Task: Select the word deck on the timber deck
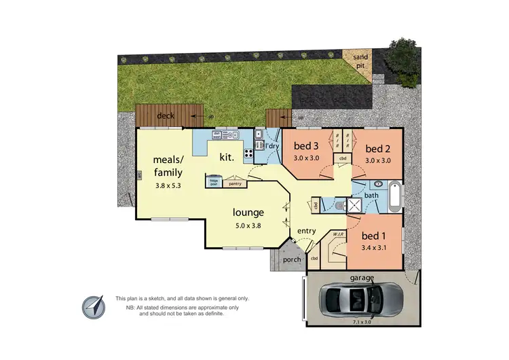pyautogui.click(x=166, y=116)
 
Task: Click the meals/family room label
pyautogui.click(x=168, y=166)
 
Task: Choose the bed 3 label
pyautogui.click(x=305, y=146)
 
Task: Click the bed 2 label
pyautogui.click(x=377, y=149)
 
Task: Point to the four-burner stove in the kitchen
pyautogui.click(x=248, y=152)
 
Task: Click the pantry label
pyautogui.click(x=235, y=183)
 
